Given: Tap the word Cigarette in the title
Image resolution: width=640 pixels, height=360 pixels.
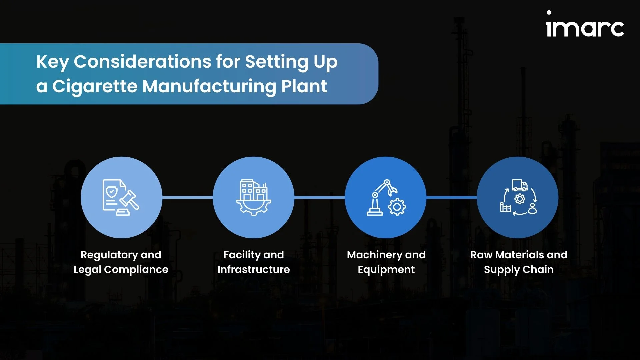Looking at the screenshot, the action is tap(95, 86).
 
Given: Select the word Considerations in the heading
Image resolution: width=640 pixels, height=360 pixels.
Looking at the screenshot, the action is tap(142, 62).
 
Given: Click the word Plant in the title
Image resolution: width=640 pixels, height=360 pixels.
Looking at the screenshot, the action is tap(304, 86).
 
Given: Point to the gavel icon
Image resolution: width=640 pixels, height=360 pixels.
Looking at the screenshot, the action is tap(128, 203).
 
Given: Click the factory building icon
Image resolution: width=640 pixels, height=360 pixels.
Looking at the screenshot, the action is tap(254, 197).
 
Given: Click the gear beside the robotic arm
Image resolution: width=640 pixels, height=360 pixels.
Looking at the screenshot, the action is tap(397, 207).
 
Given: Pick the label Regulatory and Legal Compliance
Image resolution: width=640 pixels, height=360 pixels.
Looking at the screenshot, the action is tap(121, 262).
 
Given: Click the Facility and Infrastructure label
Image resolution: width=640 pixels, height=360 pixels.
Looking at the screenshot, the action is tap(254, 262).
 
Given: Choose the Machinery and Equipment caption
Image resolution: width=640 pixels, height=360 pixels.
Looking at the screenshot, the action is tap(386, 262).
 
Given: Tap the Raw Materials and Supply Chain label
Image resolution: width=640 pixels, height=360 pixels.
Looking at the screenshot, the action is tap(519, 262).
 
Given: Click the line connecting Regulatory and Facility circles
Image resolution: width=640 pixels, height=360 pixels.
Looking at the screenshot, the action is tap(188, 197).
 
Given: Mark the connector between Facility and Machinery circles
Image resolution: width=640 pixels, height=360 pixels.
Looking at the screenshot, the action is tap(320, 197).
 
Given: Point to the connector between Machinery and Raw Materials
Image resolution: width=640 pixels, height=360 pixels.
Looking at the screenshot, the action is tap(452, 197).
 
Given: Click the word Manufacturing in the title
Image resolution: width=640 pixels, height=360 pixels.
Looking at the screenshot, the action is tap(209, 86).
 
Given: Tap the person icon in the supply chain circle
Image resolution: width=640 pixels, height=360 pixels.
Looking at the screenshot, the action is tap(532, 208).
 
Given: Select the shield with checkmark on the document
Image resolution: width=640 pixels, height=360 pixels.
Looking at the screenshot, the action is tap(111, 192).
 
